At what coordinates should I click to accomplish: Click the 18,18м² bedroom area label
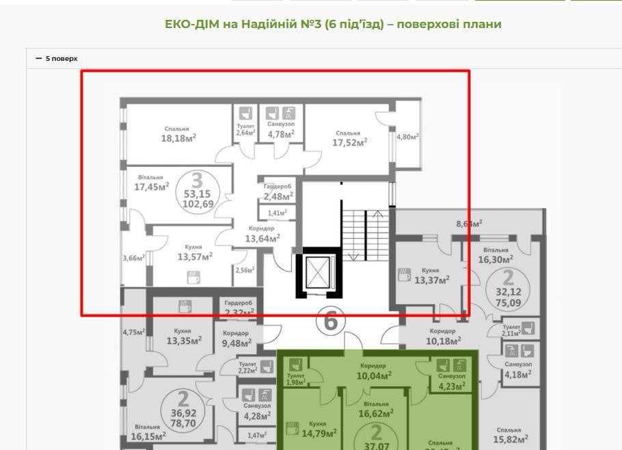coord(178,138)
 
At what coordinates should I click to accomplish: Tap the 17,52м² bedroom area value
coord(349,142)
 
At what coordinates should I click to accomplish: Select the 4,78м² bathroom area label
coord(280,134)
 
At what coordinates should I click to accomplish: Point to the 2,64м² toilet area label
coord(245,133)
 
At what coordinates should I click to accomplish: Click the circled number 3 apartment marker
coord(197,181)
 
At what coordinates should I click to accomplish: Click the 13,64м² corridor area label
coord(262,239)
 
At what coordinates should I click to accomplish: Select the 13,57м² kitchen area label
coord(195,256)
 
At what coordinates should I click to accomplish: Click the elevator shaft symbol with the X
coord(318,272)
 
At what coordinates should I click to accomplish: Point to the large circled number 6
coord(330,320)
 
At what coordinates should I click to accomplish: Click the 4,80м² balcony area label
coord(407,137)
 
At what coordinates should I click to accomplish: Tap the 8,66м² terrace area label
coord(468,223)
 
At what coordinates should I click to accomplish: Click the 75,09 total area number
coord(508,304)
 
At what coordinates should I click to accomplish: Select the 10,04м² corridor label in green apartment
coord(374,375)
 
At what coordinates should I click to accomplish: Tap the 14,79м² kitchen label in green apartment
coord(319,432)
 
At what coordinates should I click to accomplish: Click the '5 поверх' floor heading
coord(61,59)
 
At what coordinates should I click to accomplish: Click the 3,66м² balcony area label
coord(133,259)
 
